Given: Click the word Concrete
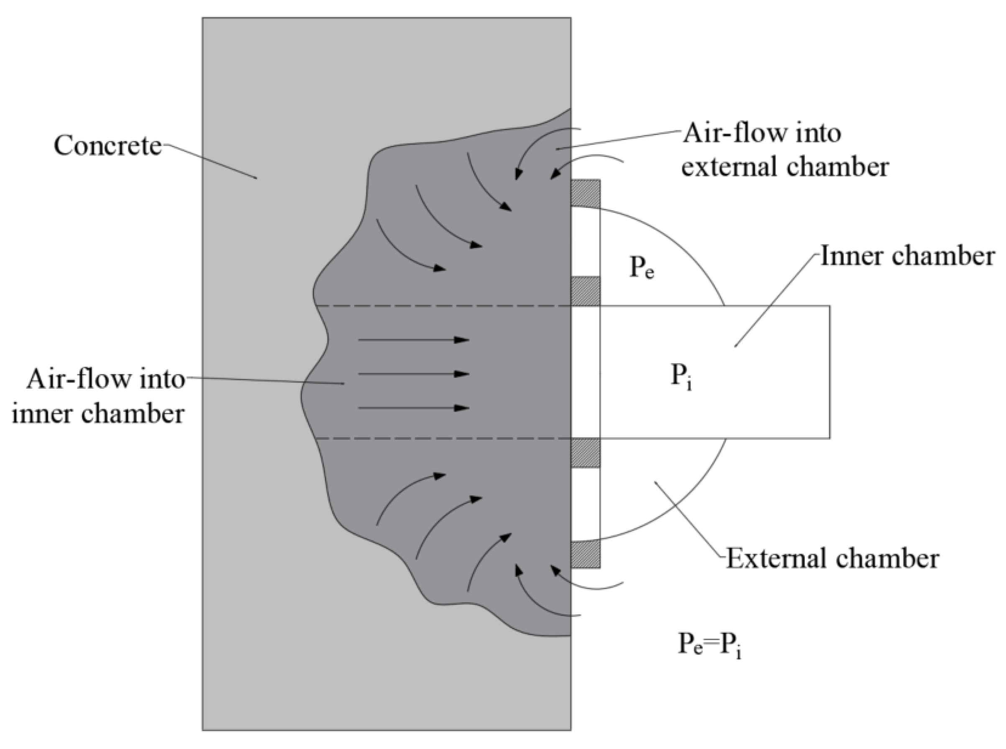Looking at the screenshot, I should point(108,146).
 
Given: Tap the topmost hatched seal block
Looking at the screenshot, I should point(585,193).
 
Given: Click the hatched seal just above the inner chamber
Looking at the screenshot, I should point(585,291).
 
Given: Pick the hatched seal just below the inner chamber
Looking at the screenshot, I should point(585,453).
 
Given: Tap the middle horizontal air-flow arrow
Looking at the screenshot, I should point(413,374).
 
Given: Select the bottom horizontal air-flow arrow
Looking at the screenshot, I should point(413,408).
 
